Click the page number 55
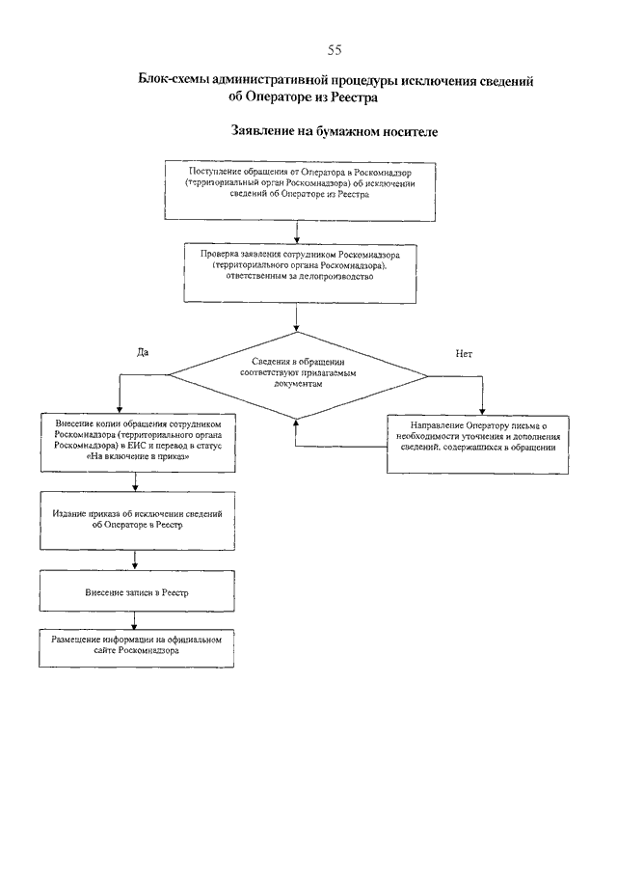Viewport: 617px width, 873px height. click(x=335, y=50)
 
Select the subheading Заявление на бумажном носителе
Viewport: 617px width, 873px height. click(x=335, y=132)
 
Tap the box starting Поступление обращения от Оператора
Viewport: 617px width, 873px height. click(x=300, y=191)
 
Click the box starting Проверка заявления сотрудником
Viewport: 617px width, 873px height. click(x=300, y=273)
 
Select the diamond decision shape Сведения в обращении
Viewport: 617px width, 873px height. click(x=298, y=376)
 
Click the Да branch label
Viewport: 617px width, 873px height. click(x=143, y=352)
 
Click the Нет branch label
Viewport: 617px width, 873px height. click(x=464, y=354)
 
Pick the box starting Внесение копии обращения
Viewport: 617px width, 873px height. click(x=138, y=442)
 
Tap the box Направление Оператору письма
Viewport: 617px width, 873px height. click(x=478, y=445)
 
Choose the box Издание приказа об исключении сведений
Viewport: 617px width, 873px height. click(x=137, y=521)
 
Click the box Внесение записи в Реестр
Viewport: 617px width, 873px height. click(x=137, y=590)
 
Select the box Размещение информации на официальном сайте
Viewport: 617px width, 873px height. click(x=136, y=648)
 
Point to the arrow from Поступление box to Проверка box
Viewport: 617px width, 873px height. click(x=297, y=232)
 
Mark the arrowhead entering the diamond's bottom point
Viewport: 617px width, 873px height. click(x=296, y=423)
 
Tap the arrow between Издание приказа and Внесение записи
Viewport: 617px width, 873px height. click(x=135, y=560)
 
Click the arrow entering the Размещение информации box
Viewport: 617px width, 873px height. click(x=134, y=620)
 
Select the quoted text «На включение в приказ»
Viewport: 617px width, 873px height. click(x=138, y=456)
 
